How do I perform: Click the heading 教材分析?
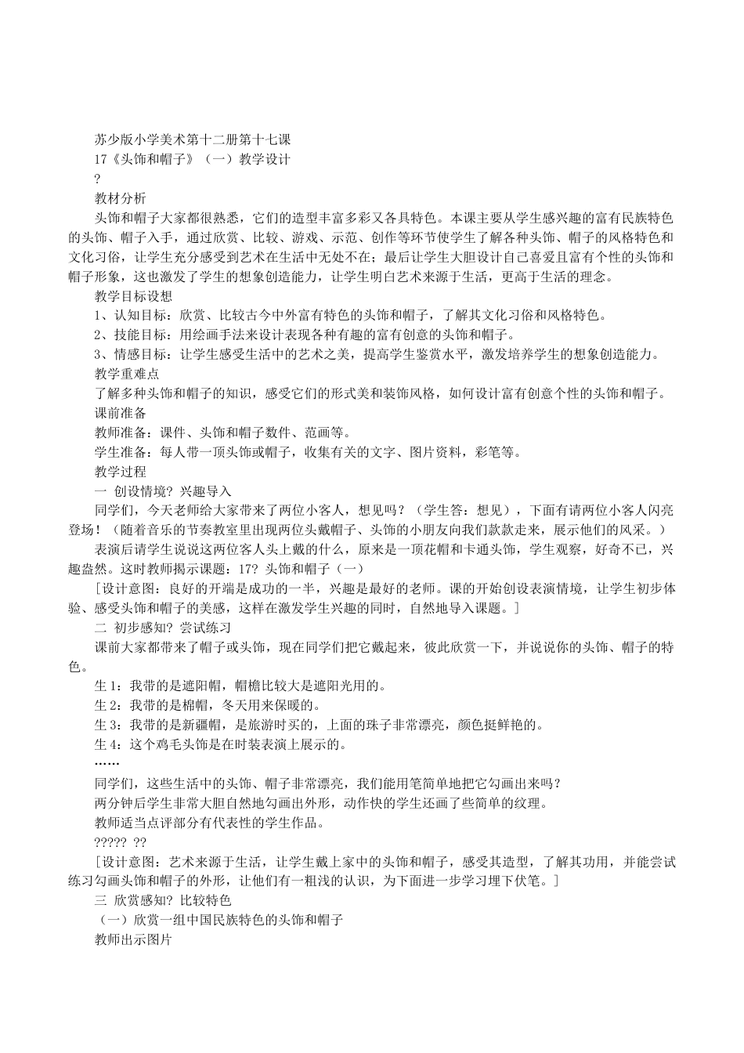[120, 198]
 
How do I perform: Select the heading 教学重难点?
[126, 375]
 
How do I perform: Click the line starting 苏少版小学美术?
[192, 139]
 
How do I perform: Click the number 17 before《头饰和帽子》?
[100, 159]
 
